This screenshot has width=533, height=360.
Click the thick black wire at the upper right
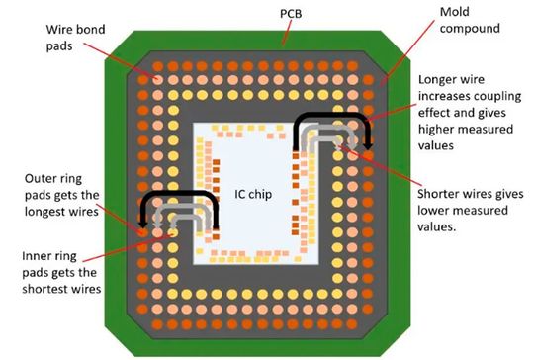[x=332, y=114]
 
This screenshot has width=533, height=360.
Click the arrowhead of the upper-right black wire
[x=368, y=147]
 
